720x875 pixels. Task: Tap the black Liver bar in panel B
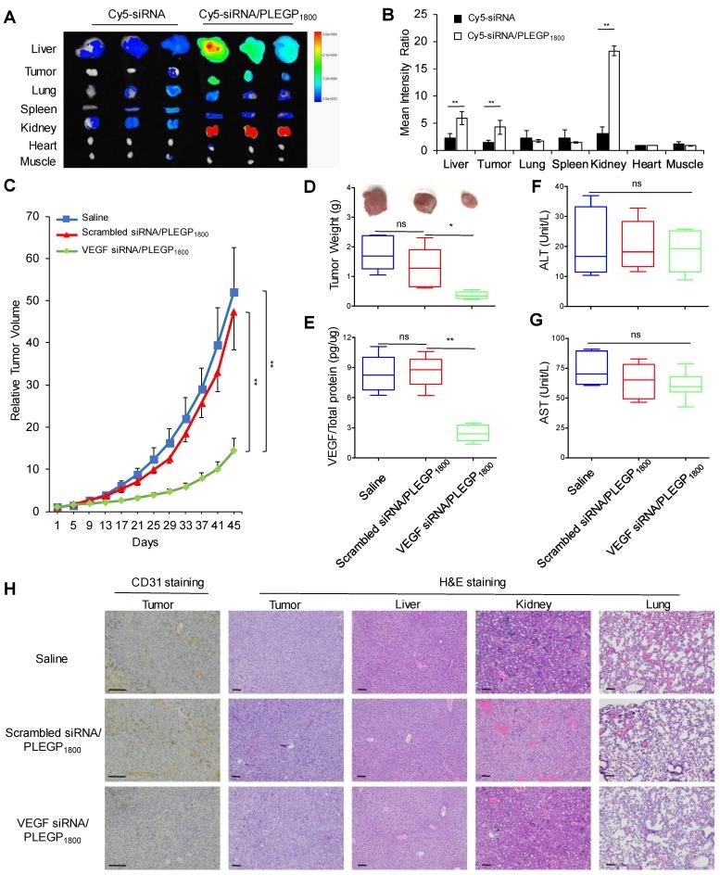449,143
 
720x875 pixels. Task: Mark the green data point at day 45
234,450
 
